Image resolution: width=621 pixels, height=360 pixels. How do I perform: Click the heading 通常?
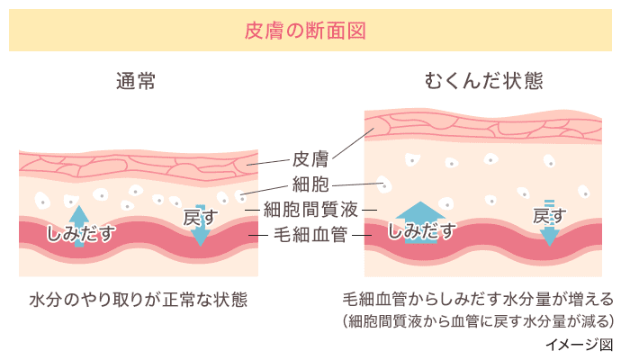pos(136,81)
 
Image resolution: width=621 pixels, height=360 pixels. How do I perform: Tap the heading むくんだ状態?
pos(483,81)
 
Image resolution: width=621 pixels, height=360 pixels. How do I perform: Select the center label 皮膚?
pos(310,160)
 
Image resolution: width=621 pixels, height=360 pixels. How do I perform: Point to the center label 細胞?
pos(310,185)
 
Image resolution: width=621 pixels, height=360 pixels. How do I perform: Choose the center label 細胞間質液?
pos(310,210)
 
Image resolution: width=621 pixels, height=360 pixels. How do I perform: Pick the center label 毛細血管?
pos(310,236)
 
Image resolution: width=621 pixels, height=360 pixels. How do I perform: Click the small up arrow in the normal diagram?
pos(79,217)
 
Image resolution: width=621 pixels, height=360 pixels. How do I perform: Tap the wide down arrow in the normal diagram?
pos(201,233)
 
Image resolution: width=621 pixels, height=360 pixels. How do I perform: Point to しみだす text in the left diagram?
pos(80,234)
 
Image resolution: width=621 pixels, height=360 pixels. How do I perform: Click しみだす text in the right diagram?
pos(420,230)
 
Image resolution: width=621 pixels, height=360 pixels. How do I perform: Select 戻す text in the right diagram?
pos(549,215)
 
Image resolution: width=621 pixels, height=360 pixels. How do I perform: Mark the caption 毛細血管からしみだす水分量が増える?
pos(478,298)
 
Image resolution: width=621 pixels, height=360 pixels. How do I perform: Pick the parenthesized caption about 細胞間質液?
pos(478,319)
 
